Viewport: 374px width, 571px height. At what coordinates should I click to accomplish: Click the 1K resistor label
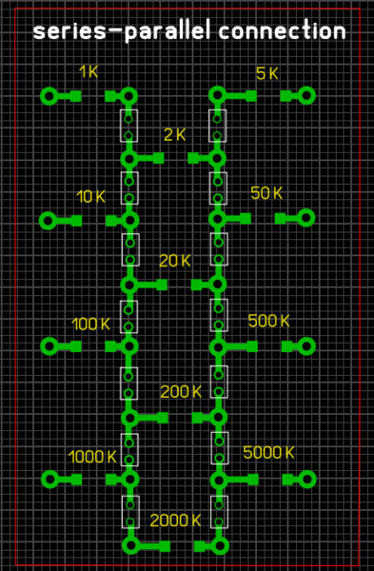[89, 71]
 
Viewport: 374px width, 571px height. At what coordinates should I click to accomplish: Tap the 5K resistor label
[266, 73]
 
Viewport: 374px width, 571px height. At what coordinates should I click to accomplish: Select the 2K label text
[174, 135]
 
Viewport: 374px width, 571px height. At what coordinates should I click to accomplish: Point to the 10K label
[90, 197]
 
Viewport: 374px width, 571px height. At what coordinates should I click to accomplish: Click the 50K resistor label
[266, 193]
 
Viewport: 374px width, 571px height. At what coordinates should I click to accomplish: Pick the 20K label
[175, 261]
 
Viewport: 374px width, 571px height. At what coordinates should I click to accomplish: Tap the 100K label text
[90, 325]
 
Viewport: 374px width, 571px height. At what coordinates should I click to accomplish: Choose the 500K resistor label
[268, 321]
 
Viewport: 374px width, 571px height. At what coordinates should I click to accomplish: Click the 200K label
[181, 392]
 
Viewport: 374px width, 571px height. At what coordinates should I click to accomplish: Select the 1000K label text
[92, 457]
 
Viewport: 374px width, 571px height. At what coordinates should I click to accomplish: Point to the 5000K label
[268, 453]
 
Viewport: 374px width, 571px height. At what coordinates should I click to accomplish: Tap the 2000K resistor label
[175, 521]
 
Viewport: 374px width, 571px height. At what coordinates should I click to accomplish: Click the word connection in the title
[282, 31]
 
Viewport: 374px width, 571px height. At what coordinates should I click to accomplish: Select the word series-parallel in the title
[122, 32]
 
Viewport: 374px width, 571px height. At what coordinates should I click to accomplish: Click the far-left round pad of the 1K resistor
[49, 96]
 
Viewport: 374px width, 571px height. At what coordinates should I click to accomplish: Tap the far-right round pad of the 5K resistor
[306, 96]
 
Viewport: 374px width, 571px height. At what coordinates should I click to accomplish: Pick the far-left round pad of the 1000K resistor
[49, 480]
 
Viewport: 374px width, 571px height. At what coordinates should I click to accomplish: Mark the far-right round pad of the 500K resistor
[306, 346]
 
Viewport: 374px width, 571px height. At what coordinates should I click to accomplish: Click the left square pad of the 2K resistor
[158, 158]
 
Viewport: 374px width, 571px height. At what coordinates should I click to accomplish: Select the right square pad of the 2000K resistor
[200, 546]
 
